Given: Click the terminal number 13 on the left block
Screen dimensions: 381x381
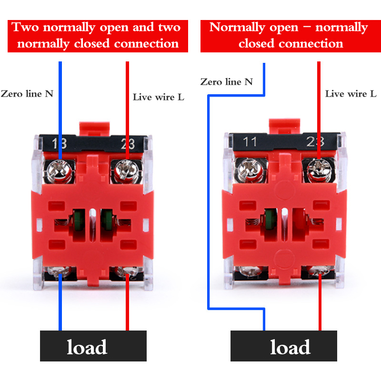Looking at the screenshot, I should click(x=60, y=142).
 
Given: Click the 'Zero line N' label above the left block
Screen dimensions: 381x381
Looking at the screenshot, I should click(x=27, y=93).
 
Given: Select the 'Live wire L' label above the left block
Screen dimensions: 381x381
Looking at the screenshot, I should click(x=158, y=97).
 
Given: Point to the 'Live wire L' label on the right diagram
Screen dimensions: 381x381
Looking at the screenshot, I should click(x=351, y=93).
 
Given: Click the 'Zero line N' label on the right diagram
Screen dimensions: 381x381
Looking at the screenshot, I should click(x=227, y=82).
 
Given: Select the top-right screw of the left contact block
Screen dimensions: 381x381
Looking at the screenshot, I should click(x=125, y=167).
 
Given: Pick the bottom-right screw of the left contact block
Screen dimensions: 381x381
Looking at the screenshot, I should click(x=126, y=272).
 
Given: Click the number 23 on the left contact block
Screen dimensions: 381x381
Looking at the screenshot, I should click(x=126, y=142).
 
